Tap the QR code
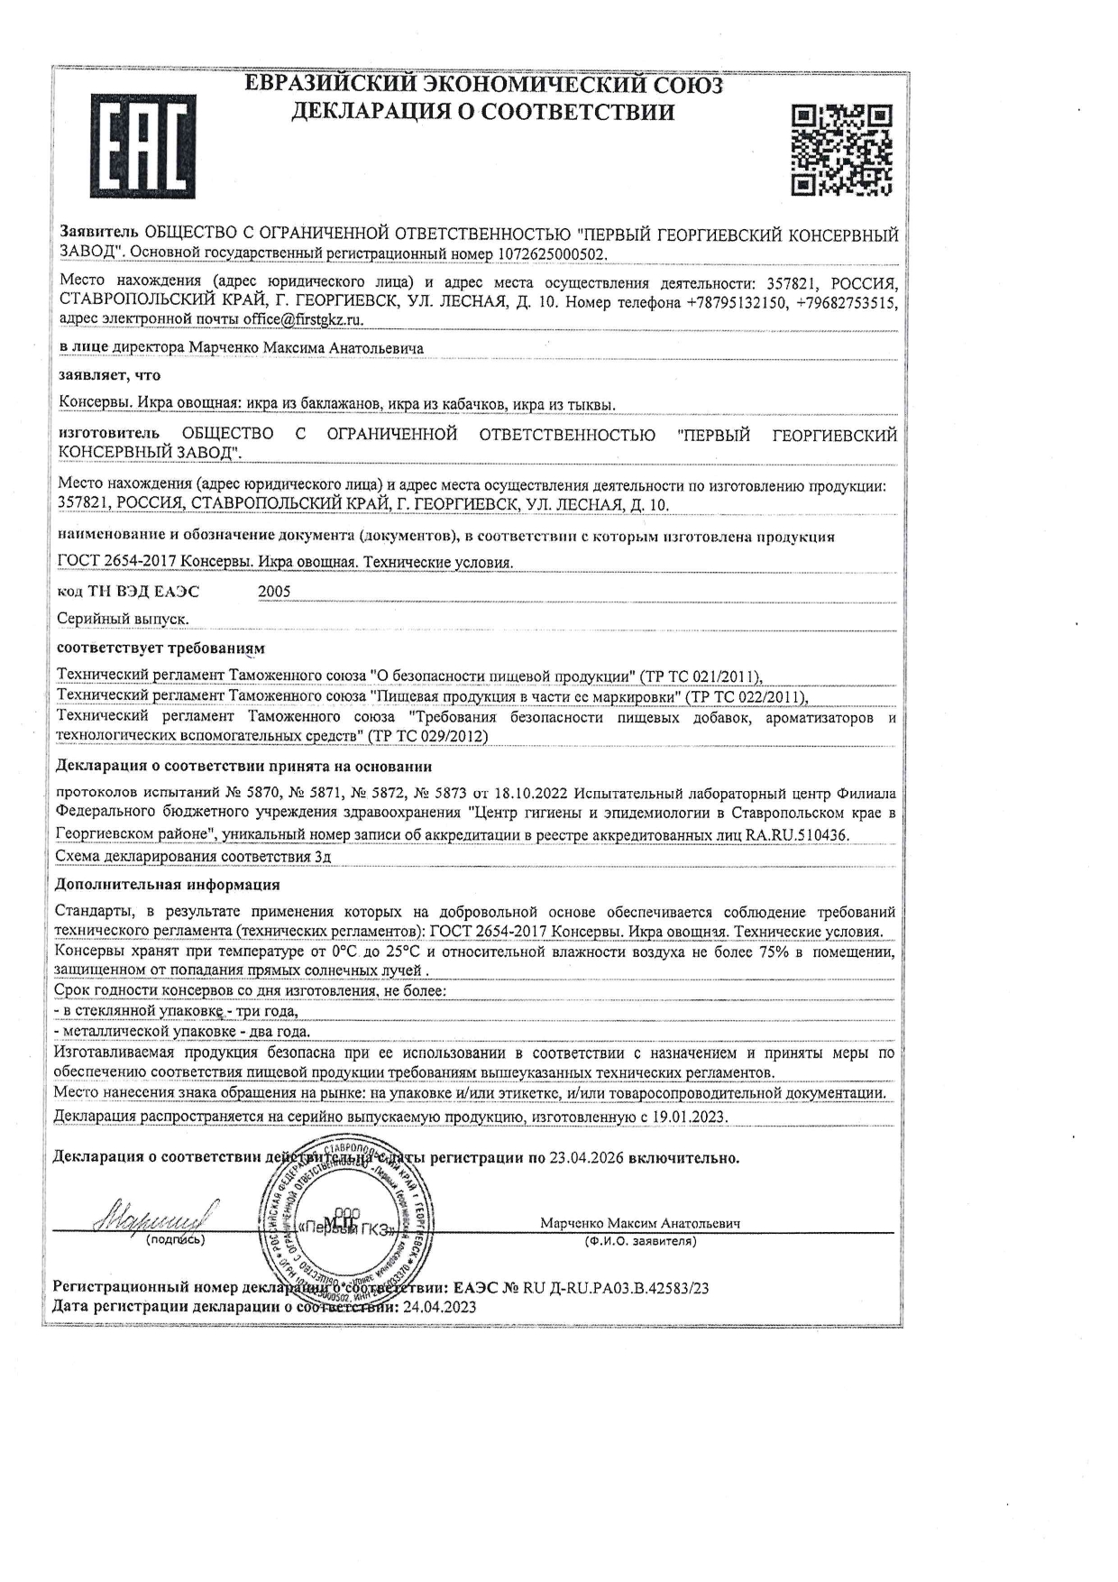842,150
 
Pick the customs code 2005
274,592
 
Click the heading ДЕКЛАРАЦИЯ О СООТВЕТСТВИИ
482,112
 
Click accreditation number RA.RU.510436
797,835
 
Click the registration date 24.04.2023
439,1306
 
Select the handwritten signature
153,1218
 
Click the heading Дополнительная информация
167,884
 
